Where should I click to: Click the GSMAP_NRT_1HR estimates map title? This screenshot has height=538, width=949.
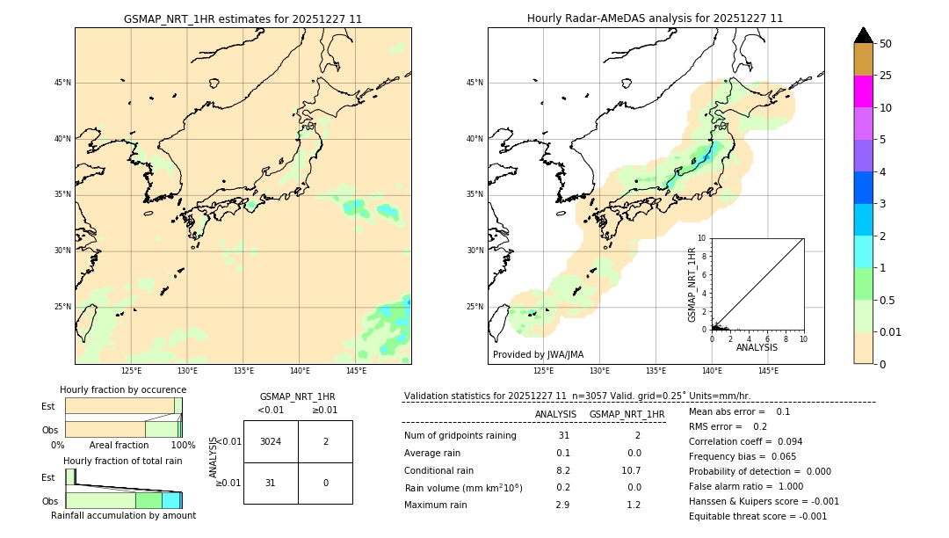(243, 18)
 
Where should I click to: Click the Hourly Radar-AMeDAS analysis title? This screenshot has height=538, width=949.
(655, 18)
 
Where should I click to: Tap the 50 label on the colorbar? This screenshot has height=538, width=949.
(886, 43)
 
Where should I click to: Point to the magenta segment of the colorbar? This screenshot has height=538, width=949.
(863, 91)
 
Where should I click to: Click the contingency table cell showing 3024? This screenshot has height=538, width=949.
(271, 441)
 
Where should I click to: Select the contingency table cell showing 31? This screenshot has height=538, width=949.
(271, 483)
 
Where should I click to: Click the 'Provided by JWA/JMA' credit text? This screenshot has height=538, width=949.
(538, 355)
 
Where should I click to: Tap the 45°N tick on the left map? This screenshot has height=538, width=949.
(62, 83)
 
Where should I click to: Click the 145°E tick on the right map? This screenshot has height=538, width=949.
(768, 371)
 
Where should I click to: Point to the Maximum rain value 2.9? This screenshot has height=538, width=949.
(562, 505)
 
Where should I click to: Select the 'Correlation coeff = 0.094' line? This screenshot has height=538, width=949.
(745, 441)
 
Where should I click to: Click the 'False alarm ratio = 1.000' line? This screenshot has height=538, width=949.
(746, 486)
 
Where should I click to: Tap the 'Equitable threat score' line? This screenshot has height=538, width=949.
(757, 516)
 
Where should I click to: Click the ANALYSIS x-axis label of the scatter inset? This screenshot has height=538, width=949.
(757, 348)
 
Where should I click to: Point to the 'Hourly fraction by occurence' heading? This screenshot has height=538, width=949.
(123, 389)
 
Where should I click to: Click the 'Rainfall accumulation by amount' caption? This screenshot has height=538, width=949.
(123, 516)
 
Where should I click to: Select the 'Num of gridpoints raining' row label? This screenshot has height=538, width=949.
(460, 436)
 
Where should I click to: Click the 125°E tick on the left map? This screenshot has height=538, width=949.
(131, 371)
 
